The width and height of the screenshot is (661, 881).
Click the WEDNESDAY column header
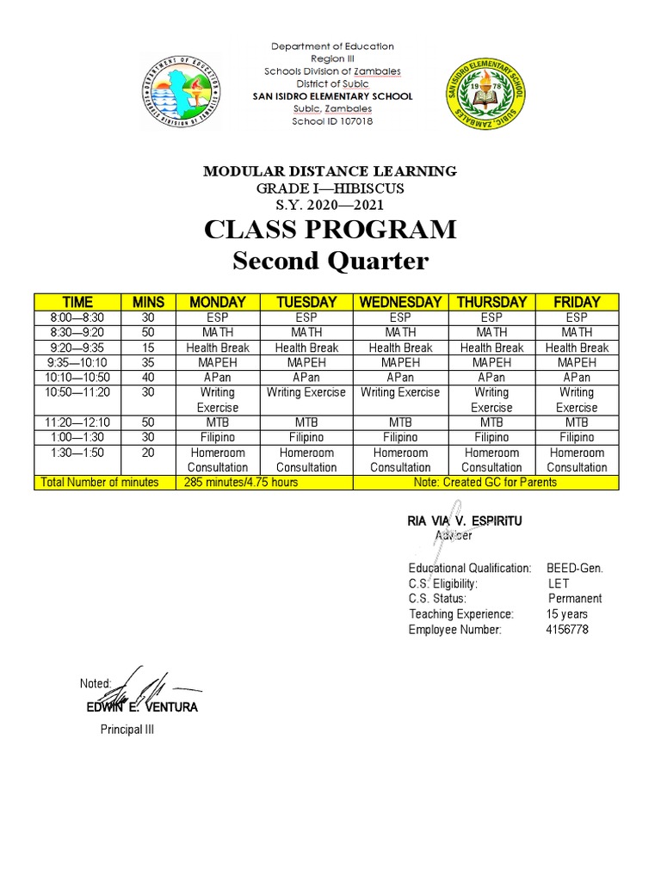pyautogui.click(x=400, y=302)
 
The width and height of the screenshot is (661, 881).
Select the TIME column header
pyautogui.click(x=77, y=302)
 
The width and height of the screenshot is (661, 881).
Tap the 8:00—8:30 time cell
pyautogui.click(x=77, y=317)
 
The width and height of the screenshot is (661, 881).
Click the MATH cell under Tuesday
pyautogui.click(x=306, y=332)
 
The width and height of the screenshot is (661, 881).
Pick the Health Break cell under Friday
pyautogui.click(x=577, y=348)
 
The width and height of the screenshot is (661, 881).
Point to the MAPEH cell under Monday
pyautogui.click(x=217, y=362)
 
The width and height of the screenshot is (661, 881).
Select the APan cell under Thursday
pyautogui.click(x=491, y=378)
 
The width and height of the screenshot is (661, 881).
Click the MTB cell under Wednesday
pyautogui.click(x=400, y=422)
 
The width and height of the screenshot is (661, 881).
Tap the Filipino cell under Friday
pyautogui.click(x=577, y=437)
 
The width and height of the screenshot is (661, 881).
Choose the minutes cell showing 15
pyautogui.click(x=147, y=348)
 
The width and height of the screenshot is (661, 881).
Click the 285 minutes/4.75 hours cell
pyautogui.click(x=241, y=483)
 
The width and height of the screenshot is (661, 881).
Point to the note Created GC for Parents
pyautogui.click(x=485, y=483)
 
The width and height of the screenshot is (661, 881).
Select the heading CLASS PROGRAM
pyautogui.click(x=330, y=231)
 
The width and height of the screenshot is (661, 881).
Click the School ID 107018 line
pyautogui.click(x=332, y=121)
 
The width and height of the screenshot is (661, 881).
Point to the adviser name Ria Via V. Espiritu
pyautogui.click(x=464, y=521)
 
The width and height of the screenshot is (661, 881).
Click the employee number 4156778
pyautogui.click(x=567, y=630)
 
